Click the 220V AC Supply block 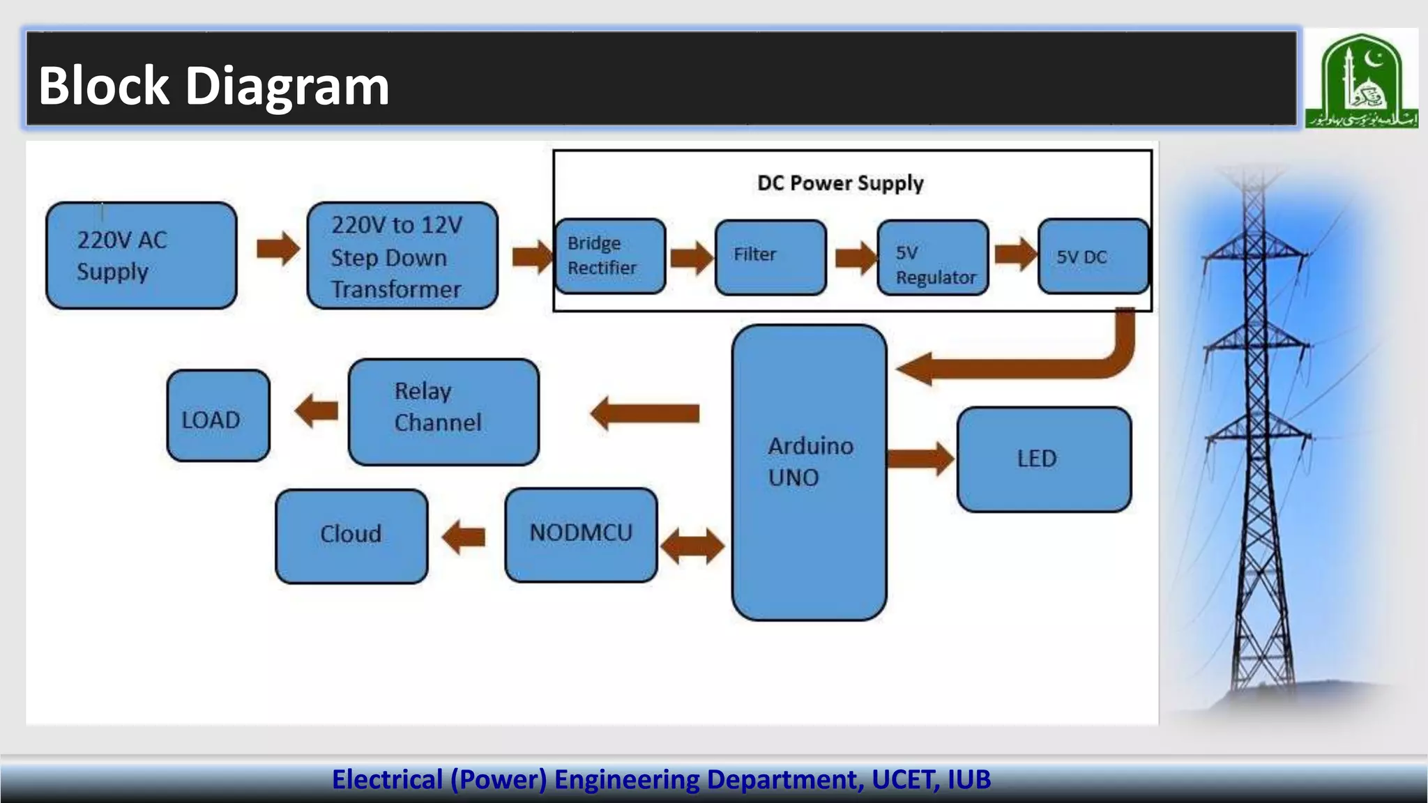pos(141,255)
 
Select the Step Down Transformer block pos(402,255)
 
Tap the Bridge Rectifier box pos(609,256)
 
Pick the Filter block pos(770,257)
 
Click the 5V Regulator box pos(932,257)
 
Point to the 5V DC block pos(1093,256)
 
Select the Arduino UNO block pos(809,472)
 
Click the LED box pos(1044,459)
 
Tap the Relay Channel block pos(443,411)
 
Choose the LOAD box pos(218,415)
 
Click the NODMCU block pos(581,535)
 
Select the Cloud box pos(351,535)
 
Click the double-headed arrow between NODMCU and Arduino pos(692,545)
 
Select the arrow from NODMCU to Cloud pos(464,537)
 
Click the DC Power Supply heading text pos(840,183)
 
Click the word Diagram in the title pos(287,86)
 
